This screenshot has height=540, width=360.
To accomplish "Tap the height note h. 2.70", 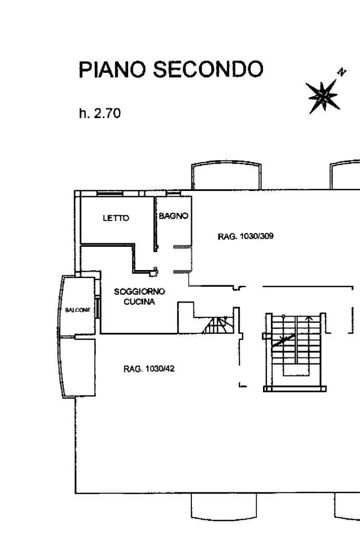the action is point(100,113).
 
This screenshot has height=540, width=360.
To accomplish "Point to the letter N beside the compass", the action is point(343,72).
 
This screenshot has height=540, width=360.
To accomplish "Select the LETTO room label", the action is point(115,218).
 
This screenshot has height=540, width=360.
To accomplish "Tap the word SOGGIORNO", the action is point(140,291).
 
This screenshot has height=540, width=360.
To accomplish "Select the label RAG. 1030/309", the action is point(245,236).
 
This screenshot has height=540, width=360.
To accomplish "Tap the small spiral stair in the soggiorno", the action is point(217,325).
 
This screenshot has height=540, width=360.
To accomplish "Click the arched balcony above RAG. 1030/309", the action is point(227,176).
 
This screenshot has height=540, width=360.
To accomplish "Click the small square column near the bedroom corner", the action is point(153,273).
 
